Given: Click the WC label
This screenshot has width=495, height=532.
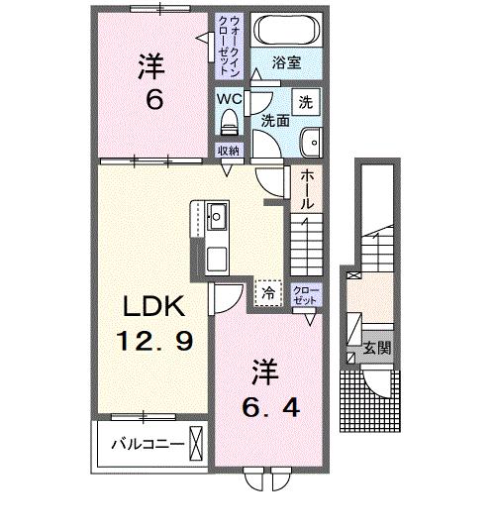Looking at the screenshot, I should pyautogui.click(x=230, y=99).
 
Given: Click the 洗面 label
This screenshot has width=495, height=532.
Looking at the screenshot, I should pyautogui.click(x=274, y=120).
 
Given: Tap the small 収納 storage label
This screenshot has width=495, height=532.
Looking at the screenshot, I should pyautogui.click(x=230, y=151).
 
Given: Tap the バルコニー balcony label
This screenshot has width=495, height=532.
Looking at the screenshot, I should pyautogui.click(x=145, y=444).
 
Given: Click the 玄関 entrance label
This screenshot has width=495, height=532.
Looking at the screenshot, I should pyautogui.click(x=375, y=348).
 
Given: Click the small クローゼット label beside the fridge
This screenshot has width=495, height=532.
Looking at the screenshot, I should pyautogui.click(x=307, y=294).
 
